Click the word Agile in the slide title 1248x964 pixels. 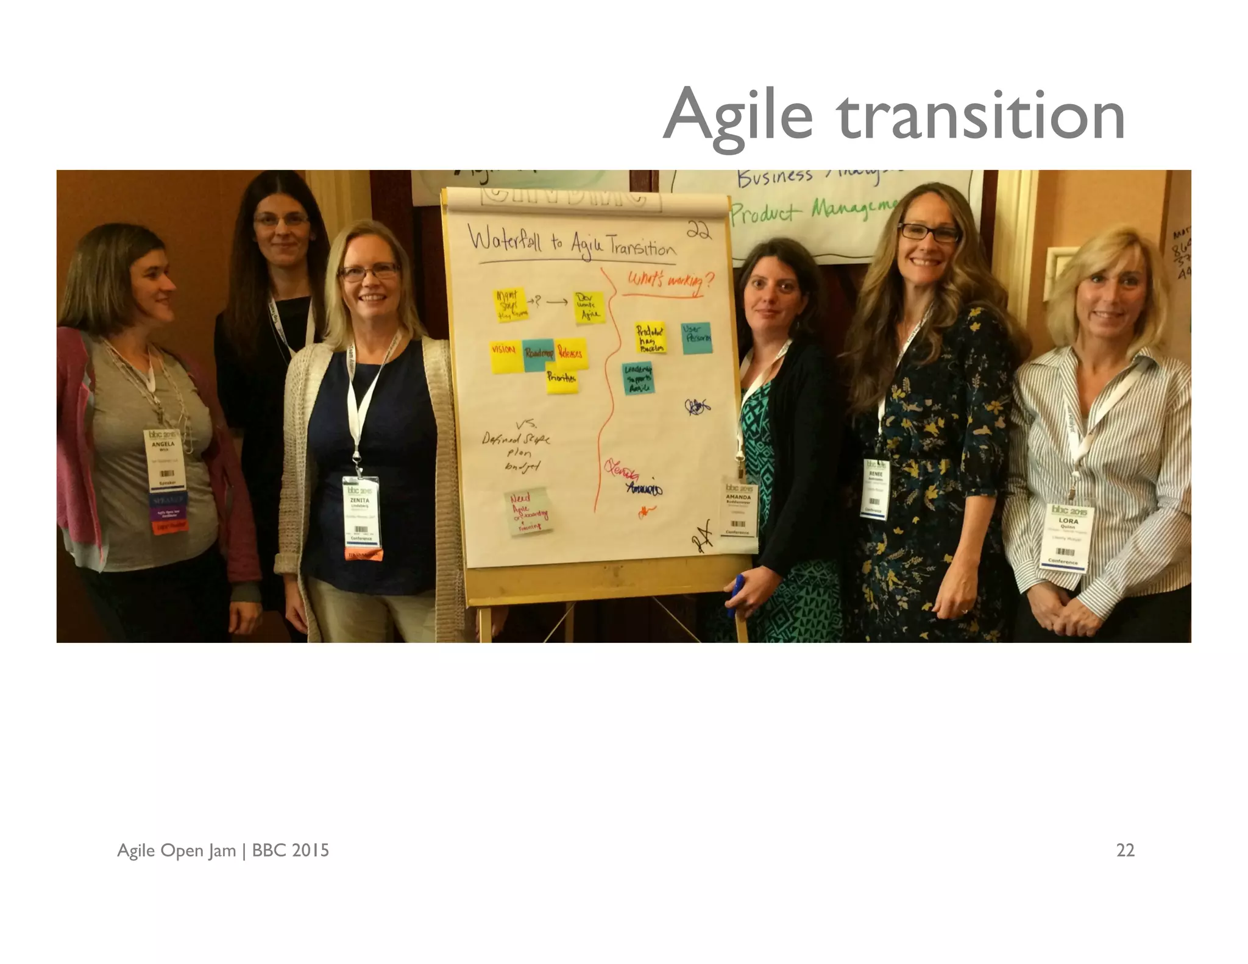click(x=738, y=116)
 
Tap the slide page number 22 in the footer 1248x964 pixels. click(x=1125, y=850)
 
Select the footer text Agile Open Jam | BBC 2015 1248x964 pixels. click(x=223, y=850)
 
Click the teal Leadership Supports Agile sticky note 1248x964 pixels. click(x=638, y=378)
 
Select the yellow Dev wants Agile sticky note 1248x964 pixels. click(x=589, y=308)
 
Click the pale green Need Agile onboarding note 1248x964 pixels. click(x=530, y=512)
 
